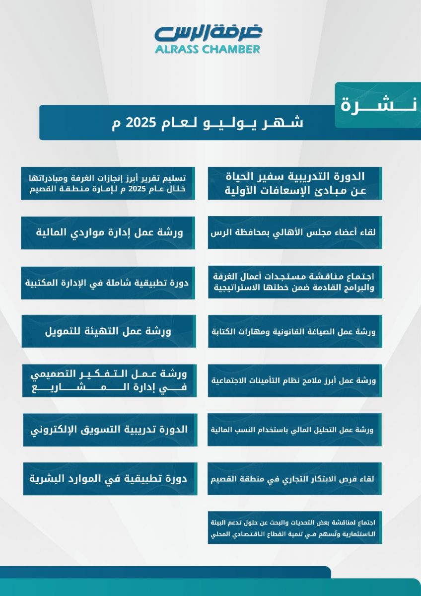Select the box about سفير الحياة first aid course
coord(295,183)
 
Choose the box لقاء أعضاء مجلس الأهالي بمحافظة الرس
coord(295,232)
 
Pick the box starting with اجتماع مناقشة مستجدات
coord(295,282)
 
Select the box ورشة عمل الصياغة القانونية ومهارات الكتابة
coord(295,331)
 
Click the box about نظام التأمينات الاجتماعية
coord(295,380)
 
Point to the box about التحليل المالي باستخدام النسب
coord(295,430)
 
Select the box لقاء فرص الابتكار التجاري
coord(295,479)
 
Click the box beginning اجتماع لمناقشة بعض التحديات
coord(295,528)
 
